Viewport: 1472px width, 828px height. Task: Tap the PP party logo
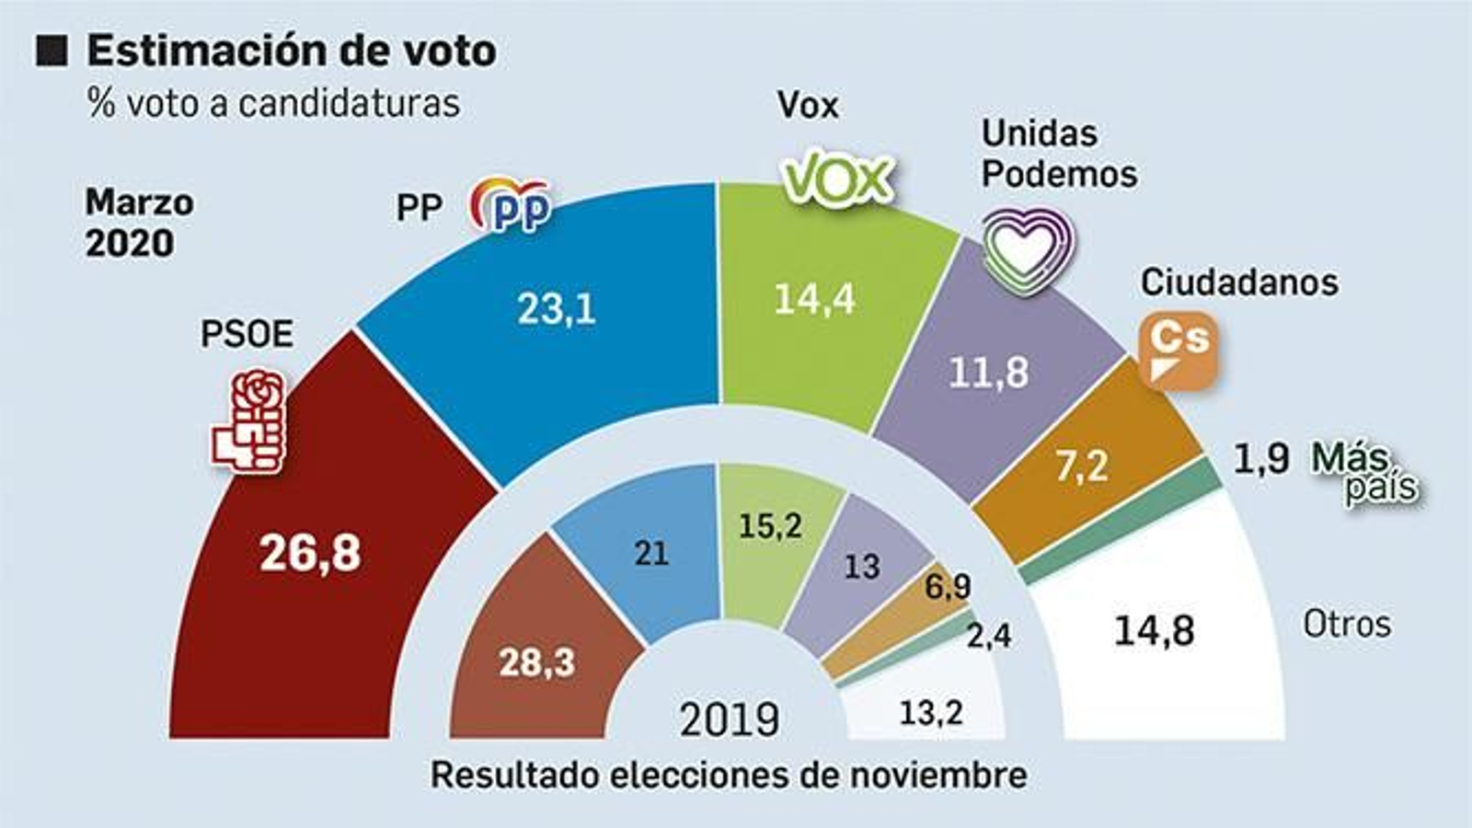512,204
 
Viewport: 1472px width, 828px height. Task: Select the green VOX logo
837,178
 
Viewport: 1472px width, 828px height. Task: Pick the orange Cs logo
1179,349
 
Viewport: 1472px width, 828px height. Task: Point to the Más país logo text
1366,472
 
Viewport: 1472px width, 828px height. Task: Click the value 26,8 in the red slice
310,553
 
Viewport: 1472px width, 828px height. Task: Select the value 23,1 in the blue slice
556,309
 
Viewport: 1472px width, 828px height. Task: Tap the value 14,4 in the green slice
814,299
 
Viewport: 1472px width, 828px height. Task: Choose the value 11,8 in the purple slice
989,373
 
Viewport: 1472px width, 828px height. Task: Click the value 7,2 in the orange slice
1082,466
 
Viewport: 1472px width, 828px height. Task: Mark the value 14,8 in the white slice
1154,631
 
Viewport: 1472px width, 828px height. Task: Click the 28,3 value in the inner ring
536,661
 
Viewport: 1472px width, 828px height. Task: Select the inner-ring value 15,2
770,525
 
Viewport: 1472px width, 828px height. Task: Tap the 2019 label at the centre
730,719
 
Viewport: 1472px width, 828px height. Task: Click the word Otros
1347,625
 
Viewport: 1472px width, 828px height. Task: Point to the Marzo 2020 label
138,223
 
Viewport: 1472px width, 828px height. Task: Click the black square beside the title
52,51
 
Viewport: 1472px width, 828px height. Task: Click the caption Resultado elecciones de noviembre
729,775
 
